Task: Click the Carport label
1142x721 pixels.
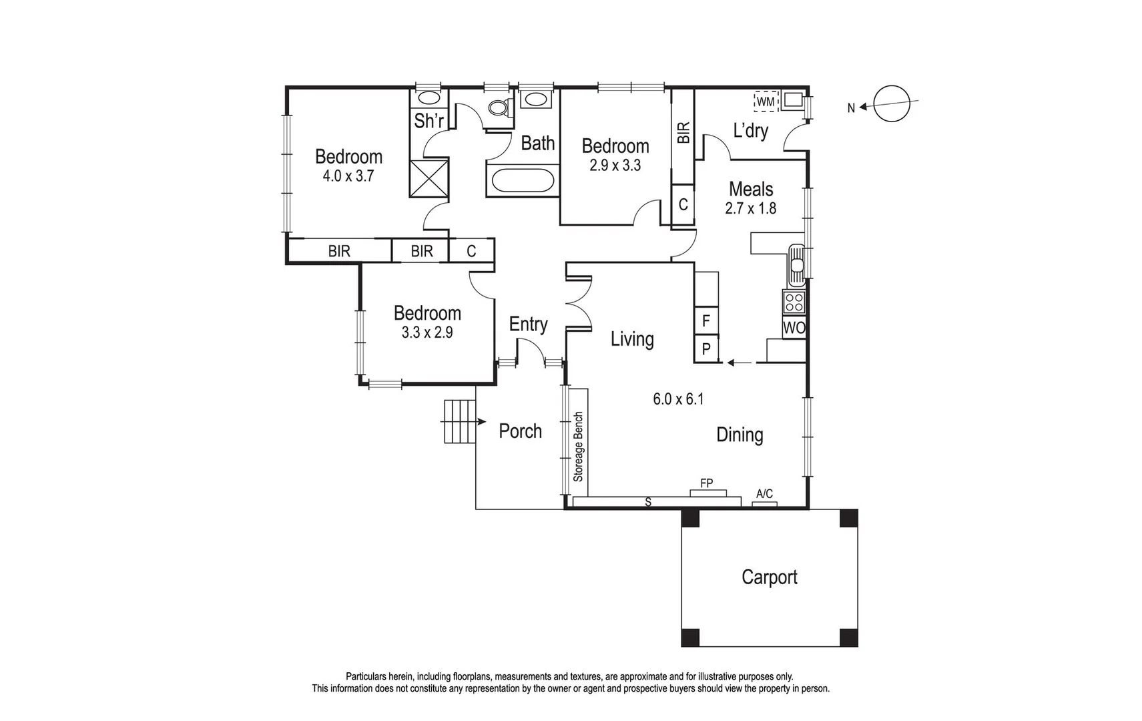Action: click(769, 577)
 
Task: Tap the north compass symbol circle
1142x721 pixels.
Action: click(892, 105)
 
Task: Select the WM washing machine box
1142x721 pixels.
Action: click(766, 101)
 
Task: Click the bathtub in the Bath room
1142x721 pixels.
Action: click(522, 181)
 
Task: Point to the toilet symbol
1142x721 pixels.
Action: click(499, 107)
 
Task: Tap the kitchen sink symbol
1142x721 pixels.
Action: click(796, 262)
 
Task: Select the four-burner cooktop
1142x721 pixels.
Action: click(794, 302)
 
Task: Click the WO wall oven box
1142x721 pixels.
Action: click(794, 328)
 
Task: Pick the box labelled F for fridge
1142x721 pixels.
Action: click(706, 322)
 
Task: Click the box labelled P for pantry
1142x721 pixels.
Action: click(706, 349)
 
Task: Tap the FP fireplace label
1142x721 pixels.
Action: click(706, 483)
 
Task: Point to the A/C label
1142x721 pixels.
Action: click(764, 494)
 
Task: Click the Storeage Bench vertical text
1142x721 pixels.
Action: click(578, 446)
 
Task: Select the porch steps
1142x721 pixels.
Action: click(459, 421)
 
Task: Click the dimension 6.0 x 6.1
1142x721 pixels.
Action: click(677, 399)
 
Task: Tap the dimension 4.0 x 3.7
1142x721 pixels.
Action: click(348, 176)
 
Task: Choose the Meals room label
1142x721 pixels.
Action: click(750, 189)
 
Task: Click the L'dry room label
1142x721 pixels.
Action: click(750, 131)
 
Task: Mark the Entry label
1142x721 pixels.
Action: click(528, 324)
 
